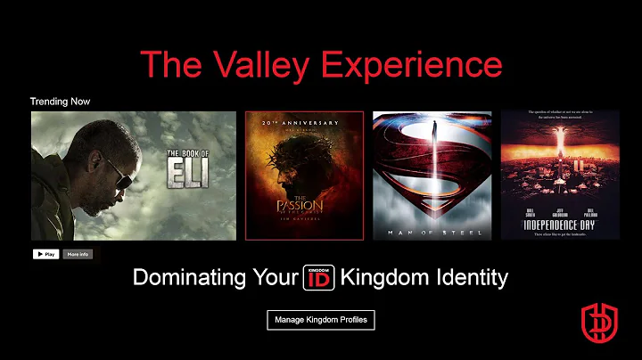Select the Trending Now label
tap(60, 102)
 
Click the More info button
tap(78, 254)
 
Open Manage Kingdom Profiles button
tap(321, 319)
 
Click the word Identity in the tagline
tap(470, 277)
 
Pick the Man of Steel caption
tap(432, 230)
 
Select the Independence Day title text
tap(560, 220)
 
